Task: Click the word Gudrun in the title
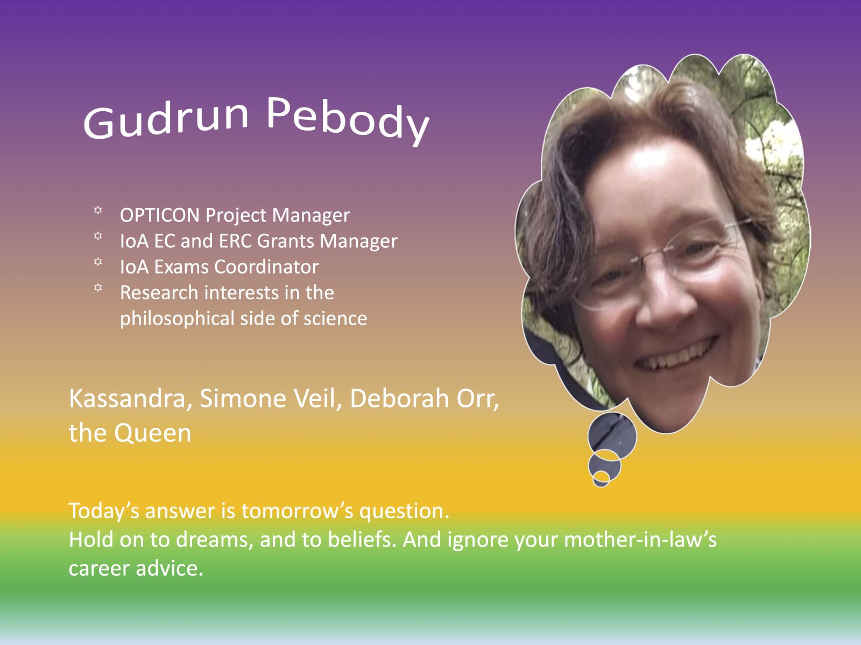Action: (x=166, y=120)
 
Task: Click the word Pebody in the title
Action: (x=348, y=120)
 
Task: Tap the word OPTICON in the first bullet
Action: (x=160, y=215)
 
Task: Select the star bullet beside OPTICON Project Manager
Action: (x=98, y=210)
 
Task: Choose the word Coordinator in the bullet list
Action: (x=266, y=267)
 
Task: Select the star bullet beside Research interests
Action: (x=98, y=288)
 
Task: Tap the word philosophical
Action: (x=177, y=319)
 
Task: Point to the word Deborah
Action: (x=399, y=398)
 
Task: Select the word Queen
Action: (x=153, y=434)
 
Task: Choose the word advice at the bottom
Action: (x=170, y=568)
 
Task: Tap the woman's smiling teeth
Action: (x=675, y=355)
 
